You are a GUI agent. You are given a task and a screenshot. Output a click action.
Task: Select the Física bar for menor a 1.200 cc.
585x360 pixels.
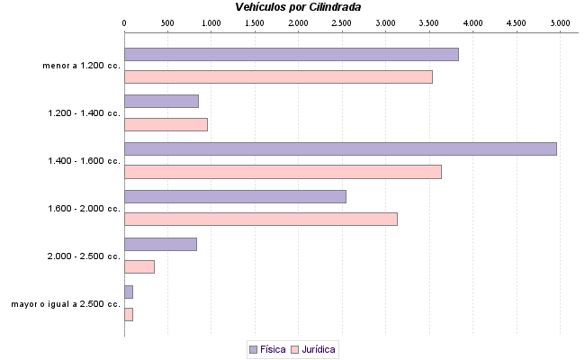coord(291,54)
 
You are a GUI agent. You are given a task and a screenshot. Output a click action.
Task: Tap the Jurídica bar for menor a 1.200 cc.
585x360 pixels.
coord(278,76)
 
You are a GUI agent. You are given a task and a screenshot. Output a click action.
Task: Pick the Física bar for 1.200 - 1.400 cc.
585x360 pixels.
coord(161,102)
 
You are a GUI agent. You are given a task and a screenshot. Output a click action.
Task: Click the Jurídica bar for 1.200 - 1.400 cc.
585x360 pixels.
coord(166,124)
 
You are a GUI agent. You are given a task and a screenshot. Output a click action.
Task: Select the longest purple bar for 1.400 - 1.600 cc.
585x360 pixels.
coord(340,148)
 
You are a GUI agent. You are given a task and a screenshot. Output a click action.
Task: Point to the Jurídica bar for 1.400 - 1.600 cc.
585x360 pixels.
coord(283,172)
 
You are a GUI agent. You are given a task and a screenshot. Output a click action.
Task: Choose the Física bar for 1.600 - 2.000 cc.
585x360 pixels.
coord(235,196)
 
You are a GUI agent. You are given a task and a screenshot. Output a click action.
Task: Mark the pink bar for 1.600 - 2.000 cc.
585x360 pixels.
coord(260,219)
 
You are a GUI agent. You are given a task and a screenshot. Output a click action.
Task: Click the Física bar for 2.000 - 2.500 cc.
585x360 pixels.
coord(160,244)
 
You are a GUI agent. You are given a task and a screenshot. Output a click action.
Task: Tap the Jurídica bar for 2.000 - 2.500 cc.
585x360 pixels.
coord(139,266)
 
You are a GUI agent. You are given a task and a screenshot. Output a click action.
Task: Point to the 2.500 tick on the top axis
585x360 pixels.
coord(342,21)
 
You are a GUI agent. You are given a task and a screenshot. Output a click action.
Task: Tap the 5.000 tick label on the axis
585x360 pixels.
coord(560,21)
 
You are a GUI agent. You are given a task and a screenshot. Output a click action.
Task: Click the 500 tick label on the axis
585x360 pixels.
coord(167,21)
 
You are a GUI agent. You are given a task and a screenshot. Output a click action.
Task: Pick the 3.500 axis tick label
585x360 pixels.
coord(429,21)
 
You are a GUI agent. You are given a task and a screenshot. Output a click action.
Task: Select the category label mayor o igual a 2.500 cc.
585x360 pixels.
coord(66,304)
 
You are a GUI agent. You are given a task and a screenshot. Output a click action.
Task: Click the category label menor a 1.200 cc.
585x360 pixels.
coord(81,66)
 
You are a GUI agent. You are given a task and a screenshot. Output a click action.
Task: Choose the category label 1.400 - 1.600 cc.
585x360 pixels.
coord(84,161)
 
